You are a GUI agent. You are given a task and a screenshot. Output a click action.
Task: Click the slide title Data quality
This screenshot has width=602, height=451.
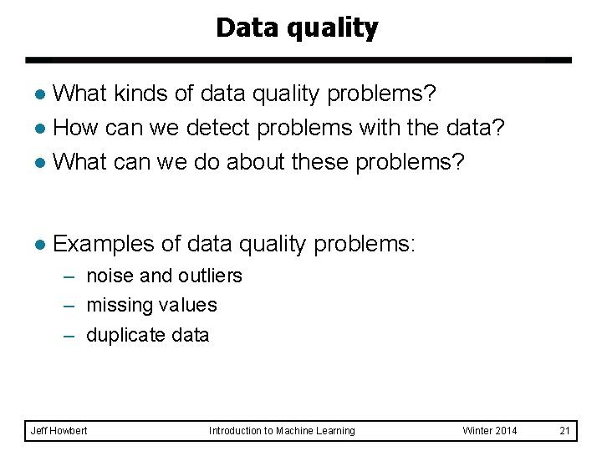point(297,28)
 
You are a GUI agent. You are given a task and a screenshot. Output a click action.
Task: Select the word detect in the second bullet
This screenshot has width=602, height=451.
point(216,129)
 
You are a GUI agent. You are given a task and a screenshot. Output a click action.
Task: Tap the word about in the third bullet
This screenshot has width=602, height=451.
point(250,161)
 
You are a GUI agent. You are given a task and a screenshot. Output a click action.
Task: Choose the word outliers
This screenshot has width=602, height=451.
point(209,276)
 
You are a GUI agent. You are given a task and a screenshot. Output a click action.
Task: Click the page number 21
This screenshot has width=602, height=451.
point(564,430)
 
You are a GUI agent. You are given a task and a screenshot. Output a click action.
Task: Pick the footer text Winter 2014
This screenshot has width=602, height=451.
point(490,430)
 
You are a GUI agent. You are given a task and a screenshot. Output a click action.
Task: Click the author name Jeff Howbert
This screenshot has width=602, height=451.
point(59,430)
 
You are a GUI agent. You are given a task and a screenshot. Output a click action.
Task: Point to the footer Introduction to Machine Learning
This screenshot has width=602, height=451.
point(282,430)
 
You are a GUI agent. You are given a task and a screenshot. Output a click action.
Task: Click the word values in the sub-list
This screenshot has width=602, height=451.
point(191,306)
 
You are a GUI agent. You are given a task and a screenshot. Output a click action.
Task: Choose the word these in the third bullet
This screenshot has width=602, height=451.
point(320,161)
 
